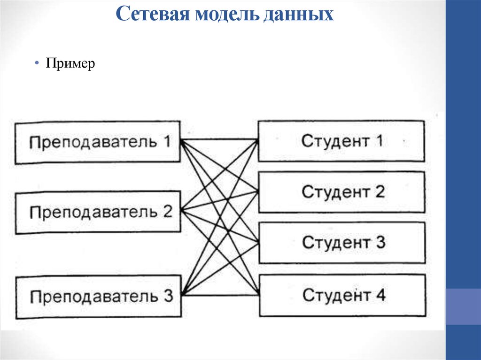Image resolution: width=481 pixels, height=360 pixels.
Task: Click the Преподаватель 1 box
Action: pos(98,142)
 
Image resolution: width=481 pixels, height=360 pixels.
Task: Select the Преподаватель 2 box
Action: pos(98,212)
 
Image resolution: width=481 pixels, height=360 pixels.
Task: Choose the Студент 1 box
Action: pos(341,141)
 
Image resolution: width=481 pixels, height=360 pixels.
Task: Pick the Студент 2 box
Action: pos(341,191)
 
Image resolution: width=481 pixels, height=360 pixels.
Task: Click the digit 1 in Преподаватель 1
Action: pos(167,141)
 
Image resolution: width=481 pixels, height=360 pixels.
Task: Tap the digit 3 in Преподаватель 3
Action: pos(169,296)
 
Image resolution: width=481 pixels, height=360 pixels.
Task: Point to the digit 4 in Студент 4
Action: pos(380,295)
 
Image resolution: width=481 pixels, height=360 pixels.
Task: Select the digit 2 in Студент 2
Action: pos(380,191)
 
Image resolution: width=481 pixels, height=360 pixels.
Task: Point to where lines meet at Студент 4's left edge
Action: pos(258,294)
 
